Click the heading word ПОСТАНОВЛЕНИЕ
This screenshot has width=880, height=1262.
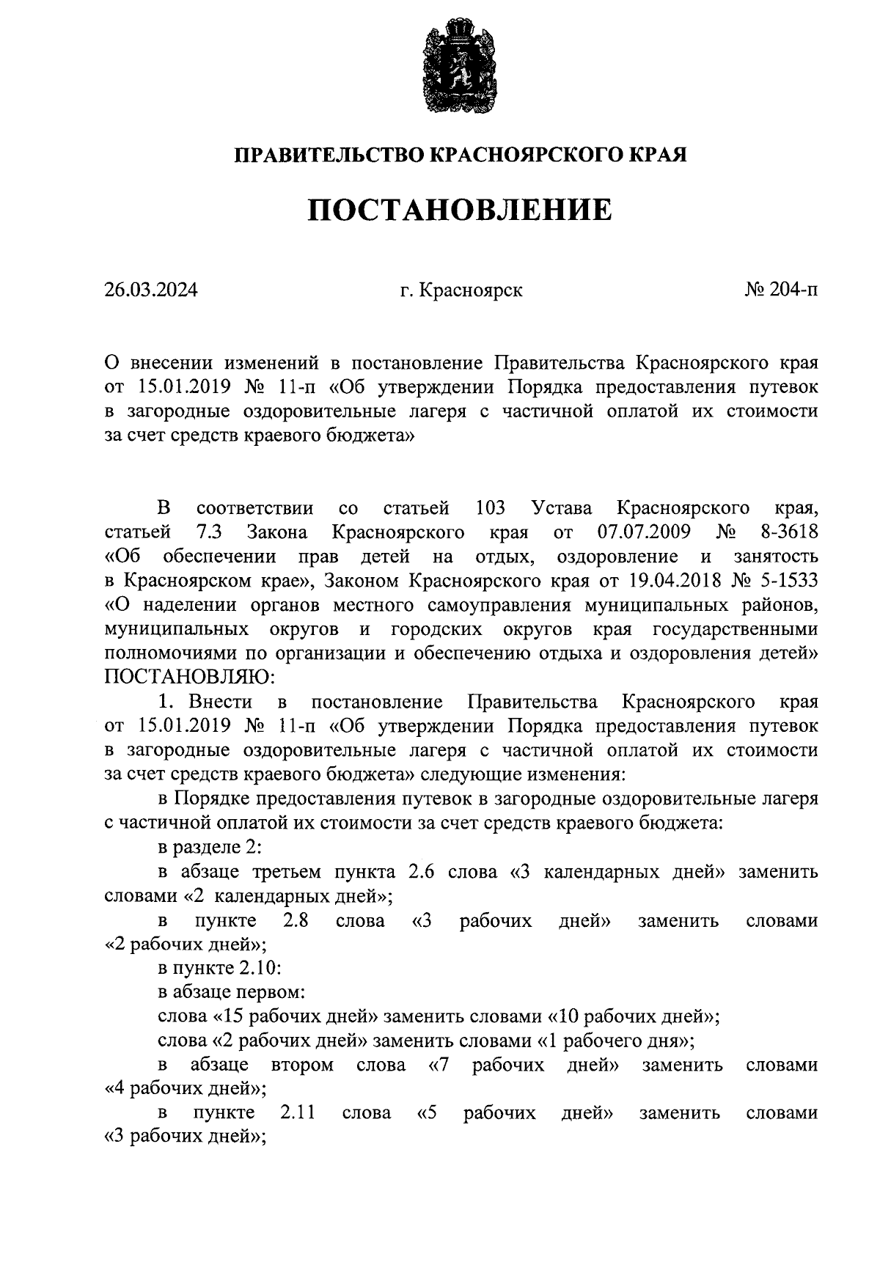[459, 210]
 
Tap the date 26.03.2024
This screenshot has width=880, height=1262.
[151, 290]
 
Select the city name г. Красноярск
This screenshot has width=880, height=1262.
[461, 290]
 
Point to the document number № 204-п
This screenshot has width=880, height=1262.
[781, 290]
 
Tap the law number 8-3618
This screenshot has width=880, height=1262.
[787, 532]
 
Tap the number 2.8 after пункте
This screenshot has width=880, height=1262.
[295, 920]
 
